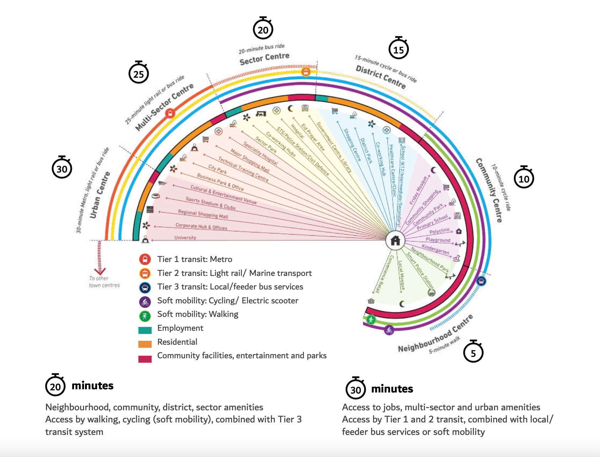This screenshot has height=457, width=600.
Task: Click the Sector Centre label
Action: [x=264, y=59]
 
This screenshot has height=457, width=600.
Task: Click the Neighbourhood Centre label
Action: [x=435, y=334]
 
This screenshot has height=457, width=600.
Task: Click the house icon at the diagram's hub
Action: [x=395, y=241]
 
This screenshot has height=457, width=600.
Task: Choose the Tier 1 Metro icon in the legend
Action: [x=145, y=259]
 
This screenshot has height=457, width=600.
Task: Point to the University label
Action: [x=185, y=237]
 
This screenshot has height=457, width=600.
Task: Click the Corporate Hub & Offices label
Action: [x=201, y=226]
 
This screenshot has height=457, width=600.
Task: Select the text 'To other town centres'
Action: [x=104, y=282]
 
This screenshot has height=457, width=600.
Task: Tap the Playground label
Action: [x=438, y=240]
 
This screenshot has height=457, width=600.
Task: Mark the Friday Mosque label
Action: [x=418, y=190]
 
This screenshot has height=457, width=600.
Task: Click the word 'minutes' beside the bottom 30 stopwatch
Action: [x=392, y=389]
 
